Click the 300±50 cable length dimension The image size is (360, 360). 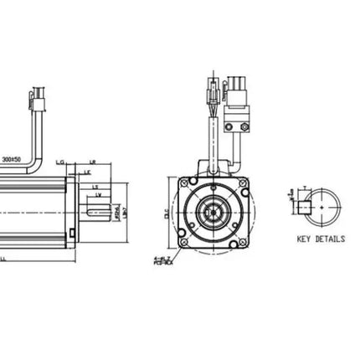[x=12, y=158]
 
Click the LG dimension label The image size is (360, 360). [x=60, y=162]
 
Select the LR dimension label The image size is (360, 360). [x=91, y=162]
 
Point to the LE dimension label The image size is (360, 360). [x=87, y=172]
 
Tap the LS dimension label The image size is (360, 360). [x=95, y=187]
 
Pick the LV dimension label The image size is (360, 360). [x=100, y=195]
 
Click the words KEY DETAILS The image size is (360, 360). [x=321, y=239]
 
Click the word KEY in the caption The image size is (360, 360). [x=304, y=239]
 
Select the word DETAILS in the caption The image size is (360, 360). [x=330, y=239]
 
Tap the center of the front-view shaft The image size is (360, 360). [x=213, y=213]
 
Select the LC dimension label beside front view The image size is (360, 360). [x=167, y=213]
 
